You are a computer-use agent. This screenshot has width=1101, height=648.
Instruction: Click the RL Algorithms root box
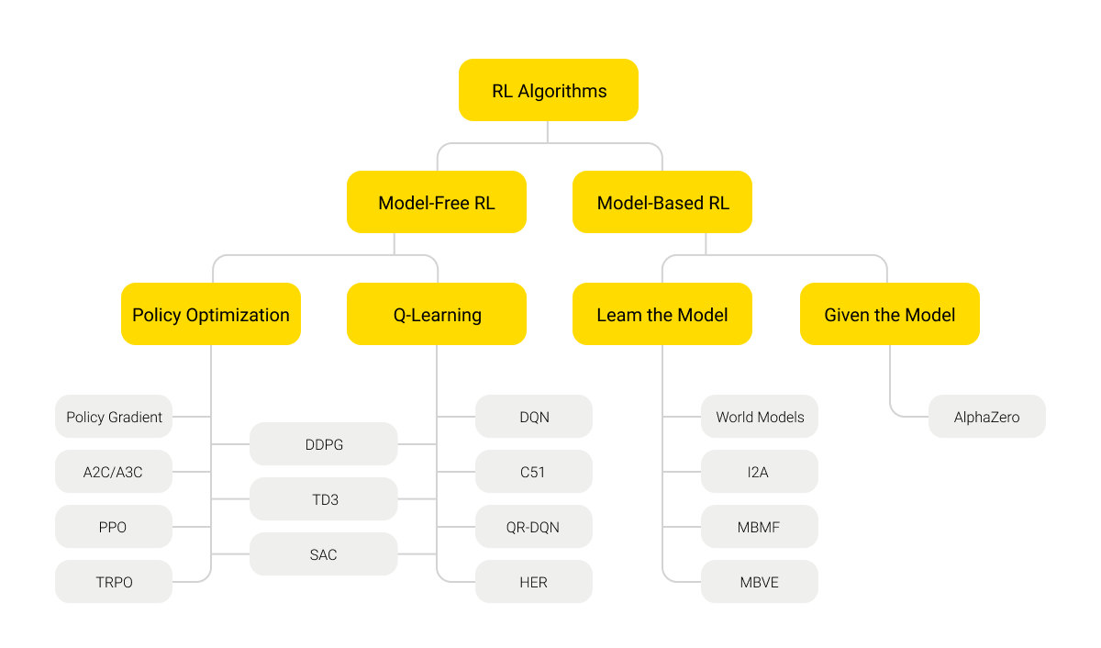[x=549, y=90]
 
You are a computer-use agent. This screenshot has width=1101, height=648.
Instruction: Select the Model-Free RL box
[x=437, y=202]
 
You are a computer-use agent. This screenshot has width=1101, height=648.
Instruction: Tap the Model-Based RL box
[x=662, y=202]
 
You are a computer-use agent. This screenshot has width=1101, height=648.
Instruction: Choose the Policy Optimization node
[x=211, y=314]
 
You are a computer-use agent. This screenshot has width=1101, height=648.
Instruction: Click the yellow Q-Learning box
[x=437, y=314]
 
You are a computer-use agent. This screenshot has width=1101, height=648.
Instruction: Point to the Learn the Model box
[x=662, y=314]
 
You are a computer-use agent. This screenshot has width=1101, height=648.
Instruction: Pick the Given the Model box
[x=890, y=314]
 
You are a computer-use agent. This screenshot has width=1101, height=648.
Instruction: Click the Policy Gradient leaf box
[x=114, y=417]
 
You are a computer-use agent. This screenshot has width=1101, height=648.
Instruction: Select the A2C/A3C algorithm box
[x=114, y=472]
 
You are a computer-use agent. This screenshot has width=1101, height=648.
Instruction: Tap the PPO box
[x=114, y=527]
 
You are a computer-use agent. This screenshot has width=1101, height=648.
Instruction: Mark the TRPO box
[x=114, y=582]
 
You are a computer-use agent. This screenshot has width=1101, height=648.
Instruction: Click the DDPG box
[x=324, y=444]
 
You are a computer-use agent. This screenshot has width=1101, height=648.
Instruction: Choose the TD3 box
[x=324, y=499]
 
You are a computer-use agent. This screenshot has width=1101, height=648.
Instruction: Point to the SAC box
[x=324, y=554]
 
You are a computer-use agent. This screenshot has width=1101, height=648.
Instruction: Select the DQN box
[x=534, y=417]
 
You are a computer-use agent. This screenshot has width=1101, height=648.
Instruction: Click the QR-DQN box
[x=534, y=527]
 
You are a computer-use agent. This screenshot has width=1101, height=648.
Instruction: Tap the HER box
[x=534, y=582]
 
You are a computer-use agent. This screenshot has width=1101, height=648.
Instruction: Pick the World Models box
[x=760, y=417]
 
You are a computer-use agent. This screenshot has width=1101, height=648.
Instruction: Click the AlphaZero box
[x=987, y=417]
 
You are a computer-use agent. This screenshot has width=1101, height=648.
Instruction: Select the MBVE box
[x=760, y=582]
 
